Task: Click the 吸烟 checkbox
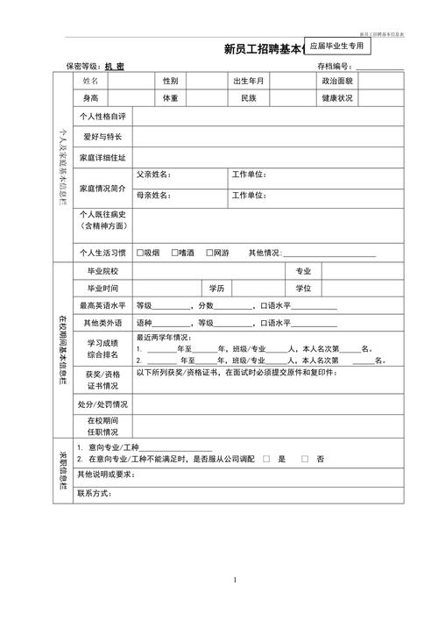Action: coord(139,253)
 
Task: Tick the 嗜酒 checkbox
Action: coord(174,253)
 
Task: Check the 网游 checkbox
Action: coord(208,253)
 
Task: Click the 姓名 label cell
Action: coord(91,80)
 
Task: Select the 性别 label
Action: coord(170,80)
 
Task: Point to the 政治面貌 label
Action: coord(336,80)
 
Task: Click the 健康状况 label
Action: coord(336,98)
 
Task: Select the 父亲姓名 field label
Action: coord(152,174)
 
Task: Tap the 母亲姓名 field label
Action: coord(152,195)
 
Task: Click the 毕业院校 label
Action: coord(102,271)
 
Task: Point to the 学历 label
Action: coord(216,288)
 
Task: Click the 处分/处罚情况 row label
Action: coord(102,404)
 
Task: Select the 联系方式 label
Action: coord(94,493)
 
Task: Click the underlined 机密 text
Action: coord(114,66)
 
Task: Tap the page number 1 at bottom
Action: coord(235,581)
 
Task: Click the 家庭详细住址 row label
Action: coord(102,158)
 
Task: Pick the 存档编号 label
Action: coord(334,66)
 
